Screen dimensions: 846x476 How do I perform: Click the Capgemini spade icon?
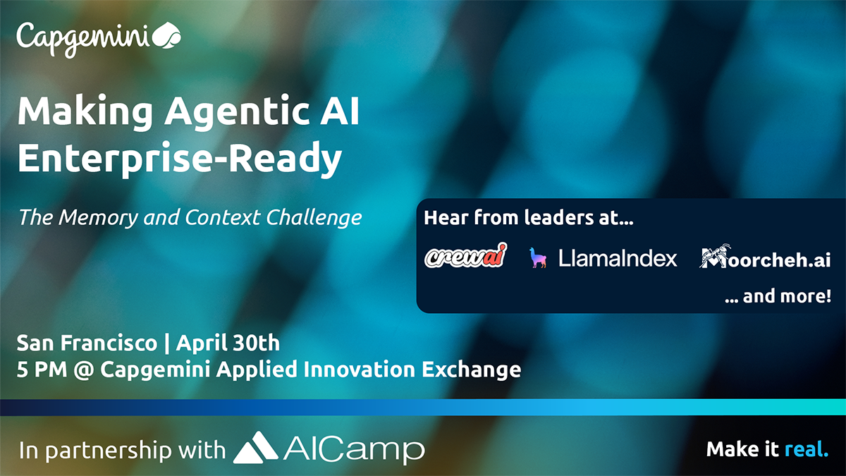[166, 35]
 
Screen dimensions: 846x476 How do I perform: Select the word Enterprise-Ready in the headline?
[180, 159]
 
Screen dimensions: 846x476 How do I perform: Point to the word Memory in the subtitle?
[98, 218]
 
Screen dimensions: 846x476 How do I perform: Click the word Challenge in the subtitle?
[314, 219]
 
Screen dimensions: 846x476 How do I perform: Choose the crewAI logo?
[466, 255]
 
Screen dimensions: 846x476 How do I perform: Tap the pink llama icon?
[538, 257]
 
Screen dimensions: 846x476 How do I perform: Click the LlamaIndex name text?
[618, 258]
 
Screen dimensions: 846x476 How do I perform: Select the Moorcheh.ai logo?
[765, 257]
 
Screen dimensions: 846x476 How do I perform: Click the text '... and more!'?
[778, 296]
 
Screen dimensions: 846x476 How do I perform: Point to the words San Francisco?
[87, 343]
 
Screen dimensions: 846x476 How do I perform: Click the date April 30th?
[228, 343]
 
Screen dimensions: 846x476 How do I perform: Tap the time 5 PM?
[42, 370]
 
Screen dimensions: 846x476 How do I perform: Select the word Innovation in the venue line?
[359, 369]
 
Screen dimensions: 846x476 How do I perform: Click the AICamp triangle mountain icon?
[255, 448]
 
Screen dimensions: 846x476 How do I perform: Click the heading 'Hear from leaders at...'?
[528, 218]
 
